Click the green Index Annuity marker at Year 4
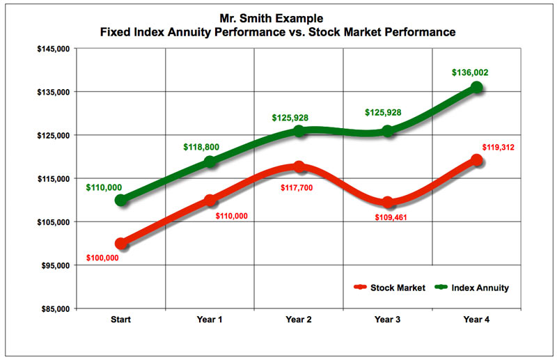[x=477, y=87]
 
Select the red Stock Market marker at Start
[x=121, y=244]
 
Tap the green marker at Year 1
[x=210, y=162]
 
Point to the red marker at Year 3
[x=388, y=203]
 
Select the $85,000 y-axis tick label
[x=54, y=308]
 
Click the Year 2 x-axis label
[x=299, y=320]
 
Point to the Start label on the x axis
[x=121, y=320]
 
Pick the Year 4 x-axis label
[x=477, y=320]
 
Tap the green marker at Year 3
[x=388, y=131]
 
